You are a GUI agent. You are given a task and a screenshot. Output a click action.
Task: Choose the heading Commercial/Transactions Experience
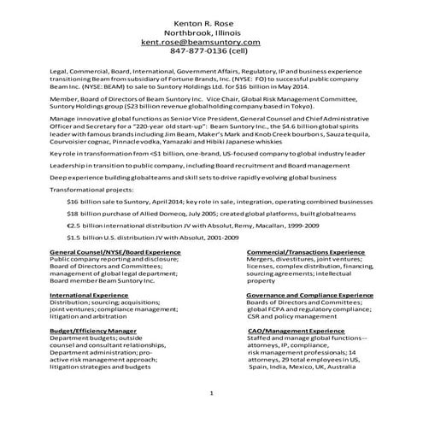(x=306, y=254)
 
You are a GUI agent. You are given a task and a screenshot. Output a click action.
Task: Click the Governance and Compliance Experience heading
(x=310, y=295)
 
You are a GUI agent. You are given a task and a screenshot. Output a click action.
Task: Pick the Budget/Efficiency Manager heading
(x=92, y=329)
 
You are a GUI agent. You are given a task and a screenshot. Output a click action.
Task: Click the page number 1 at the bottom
(x=211, y=393)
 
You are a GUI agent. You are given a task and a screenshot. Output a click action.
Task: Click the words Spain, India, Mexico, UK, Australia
(x=299, y=370)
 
